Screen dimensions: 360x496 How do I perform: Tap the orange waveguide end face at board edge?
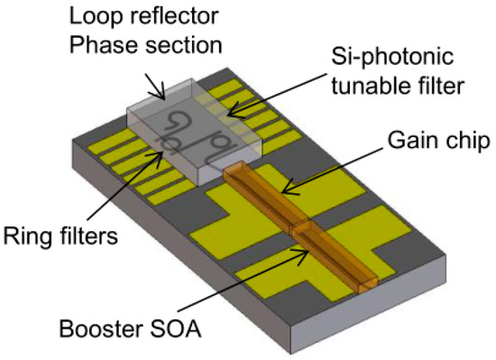coord(364,286)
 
